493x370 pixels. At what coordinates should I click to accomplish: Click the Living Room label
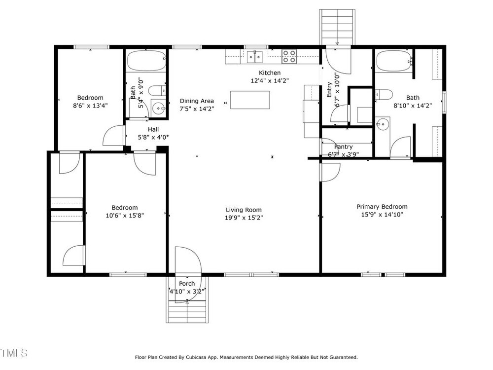click(x=244, y=210)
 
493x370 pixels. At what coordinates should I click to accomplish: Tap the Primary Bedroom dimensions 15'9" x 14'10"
click(x=382, y=215)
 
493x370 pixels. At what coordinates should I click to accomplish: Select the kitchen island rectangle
click(x=250, y=100)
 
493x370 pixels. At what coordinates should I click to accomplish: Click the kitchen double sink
click(x=255, y=57)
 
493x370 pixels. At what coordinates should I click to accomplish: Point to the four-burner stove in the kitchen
click(x=289, y=56)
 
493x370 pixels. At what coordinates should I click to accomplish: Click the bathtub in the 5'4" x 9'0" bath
click(x=146, y=61)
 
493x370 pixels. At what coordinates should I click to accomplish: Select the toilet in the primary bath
click(x=384, y=94)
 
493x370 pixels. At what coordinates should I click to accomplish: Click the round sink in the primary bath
click(x=383, y=124)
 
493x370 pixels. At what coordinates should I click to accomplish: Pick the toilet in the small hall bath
click(x=157, y=91)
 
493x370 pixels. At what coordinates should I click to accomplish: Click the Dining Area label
click(x=197, y=101)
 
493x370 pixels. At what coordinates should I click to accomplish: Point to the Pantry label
click(x=343, y=147)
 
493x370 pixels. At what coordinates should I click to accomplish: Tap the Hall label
click(x=153, y=129)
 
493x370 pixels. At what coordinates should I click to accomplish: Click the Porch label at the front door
click(x=187, y=284)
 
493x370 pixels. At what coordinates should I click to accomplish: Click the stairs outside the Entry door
click(x=337, y=27)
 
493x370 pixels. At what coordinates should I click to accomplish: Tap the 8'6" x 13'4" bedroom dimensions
click(x=91, y=106)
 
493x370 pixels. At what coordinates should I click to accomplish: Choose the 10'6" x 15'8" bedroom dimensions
click(x=125, y=216)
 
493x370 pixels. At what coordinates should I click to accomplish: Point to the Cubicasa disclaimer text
click(x=246, y=357)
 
